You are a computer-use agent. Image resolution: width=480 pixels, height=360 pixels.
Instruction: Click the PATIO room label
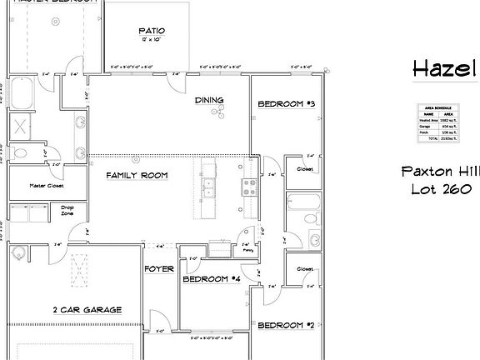[152, 32]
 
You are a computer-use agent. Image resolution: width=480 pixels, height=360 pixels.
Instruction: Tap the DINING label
[209, 101]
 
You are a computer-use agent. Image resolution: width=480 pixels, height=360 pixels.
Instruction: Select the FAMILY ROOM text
[137, 176]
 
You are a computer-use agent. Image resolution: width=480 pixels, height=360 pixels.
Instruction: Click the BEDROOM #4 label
[212, 279]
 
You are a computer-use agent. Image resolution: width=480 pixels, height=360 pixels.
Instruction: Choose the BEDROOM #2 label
[284, 325]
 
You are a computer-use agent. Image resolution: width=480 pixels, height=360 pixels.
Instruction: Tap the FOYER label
[158, 269]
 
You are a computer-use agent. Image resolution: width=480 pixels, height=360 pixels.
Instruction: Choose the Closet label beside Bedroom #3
[304, 169]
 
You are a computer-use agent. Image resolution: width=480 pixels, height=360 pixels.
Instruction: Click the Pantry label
[247, 248]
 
